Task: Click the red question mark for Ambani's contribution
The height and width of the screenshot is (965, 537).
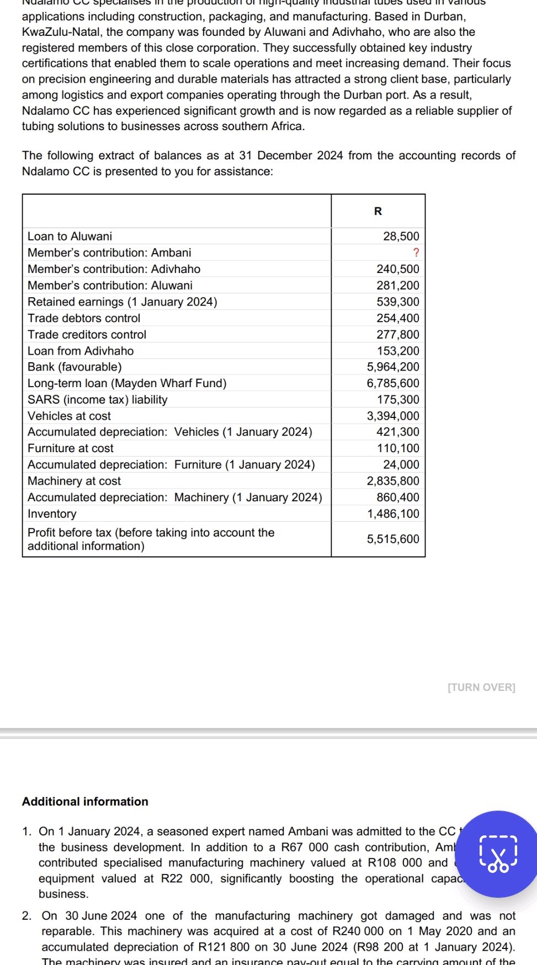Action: pos(416,253)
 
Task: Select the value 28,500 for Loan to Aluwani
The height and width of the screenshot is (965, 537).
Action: pos(401,237)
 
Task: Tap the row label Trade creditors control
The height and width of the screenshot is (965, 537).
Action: pos(87,335)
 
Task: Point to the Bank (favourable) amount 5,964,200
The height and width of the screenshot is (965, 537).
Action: pos(393,367)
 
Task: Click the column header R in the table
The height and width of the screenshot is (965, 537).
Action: pos(378,211)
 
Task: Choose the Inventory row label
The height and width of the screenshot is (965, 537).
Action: pos(52,514)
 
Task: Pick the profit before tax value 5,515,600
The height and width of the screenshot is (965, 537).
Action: pos(393,539)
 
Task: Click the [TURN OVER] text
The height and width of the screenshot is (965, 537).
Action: pos(481,688)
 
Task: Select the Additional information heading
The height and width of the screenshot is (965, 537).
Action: pos(85,802)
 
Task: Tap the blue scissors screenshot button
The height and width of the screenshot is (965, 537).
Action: pos(498,854)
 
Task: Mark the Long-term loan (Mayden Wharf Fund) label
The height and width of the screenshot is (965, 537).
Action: pos(127,383)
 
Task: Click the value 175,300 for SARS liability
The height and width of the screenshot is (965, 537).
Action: pos(398,400)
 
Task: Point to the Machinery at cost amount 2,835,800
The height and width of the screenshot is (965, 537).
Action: pos(393,481)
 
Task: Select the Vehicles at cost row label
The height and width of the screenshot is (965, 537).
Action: pos(69,416)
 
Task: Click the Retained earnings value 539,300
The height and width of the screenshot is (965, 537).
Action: pos(398,302)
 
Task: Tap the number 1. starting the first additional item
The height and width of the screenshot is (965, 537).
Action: pos(27,832)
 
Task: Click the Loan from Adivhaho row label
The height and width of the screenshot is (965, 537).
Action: pos(81,351)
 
